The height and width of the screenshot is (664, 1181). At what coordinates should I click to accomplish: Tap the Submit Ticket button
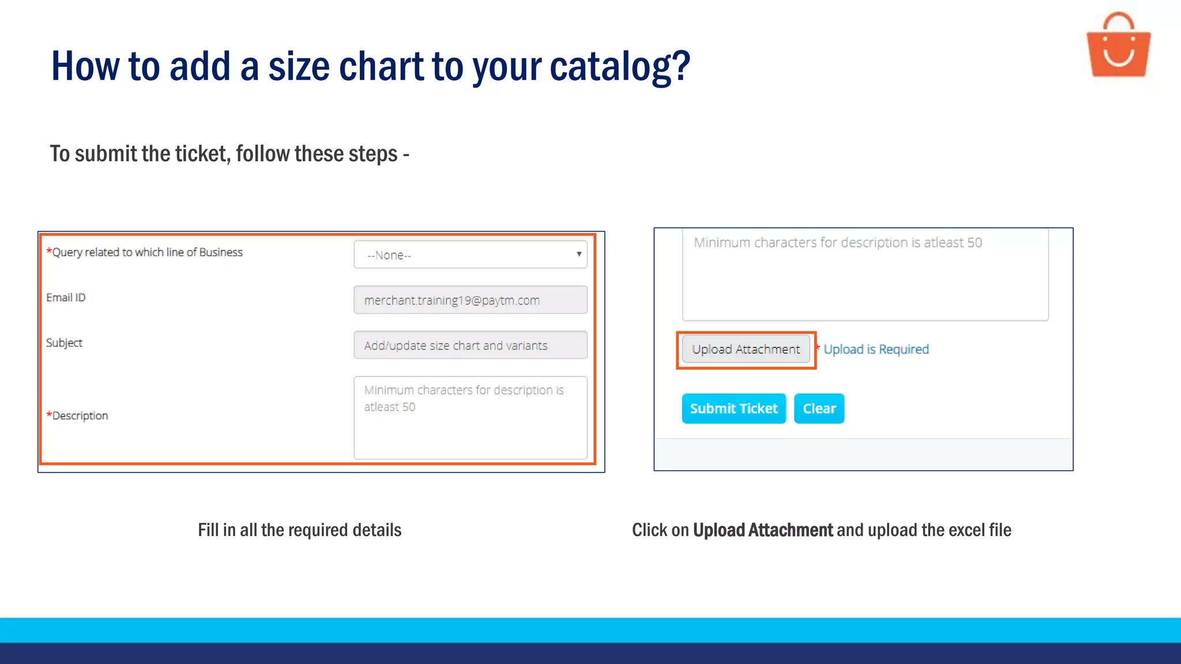[x=734, y=409]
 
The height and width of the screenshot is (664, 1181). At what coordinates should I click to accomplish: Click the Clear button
[x=819, y=409]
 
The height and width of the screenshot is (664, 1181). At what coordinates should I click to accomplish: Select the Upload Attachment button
[x=746, y=349]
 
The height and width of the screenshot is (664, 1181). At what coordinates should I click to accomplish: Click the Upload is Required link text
[x=876, y=349]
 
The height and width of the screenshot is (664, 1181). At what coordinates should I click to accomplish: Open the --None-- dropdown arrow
[x=579, y=254]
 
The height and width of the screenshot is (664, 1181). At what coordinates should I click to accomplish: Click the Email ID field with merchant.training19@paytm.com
[x=470, y=300]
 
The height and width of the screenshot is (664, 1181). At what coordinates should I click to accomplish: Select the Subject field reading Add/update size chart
[x=470, y=345]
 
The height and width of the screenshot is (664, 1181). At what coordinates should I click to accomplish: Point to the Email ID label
[x=66, y=297]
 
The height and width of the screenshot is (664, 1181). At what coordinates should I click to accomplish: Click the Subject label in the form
[x=64, y=343]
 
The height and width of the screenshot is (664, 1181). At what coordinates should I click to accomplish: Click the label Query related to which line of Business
[x=147, y=252]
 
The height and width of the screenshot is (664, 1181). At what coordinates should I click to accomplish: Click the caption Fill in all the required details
[x=299, y=530]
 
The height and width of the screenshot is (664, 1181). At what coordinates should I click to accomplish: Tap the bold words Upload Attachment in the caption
[x=762, y=530]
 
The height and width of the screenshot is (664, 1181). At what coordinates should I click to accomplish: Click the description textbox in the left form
[x=470, y=418]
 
